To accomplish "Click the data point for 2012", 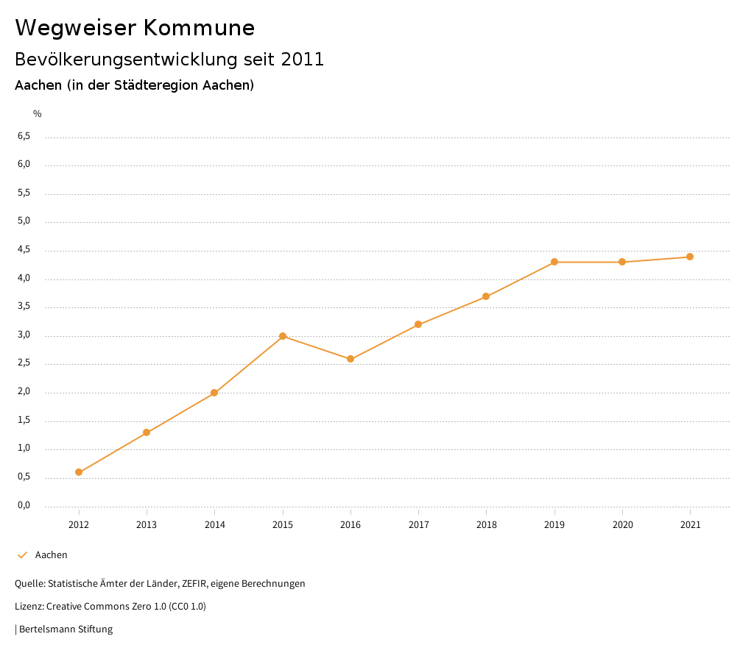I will point(79,472).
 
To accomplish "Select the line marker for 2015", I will point(283,336).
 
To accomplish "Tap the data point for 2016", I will point(350,359).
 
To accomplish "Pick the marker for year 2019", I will point(554,262).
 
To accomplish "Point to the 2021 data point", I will point(690,257).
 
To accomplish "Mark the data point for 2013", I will point(147,432).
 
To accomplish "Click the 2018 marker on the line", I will point(486,296).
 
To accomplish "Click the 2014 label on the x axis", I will point(214,525).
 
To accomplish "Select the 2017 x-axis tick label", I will point(418,525).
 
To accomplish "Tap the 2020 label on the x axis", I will point(622,525).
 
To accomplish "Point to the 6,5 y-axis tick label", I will point(24,136).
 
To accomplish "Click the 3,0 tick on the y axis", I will point(24,335).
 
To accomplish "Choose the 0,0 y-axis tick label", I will point(24,505).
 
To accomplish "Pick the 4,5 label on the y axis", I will point(24,250).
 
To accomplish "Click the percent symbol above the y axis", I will point(38,114).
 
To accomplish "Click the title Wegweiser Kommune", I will point(135,28).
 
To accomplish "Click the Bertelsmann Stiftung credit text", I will point(66,629).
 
